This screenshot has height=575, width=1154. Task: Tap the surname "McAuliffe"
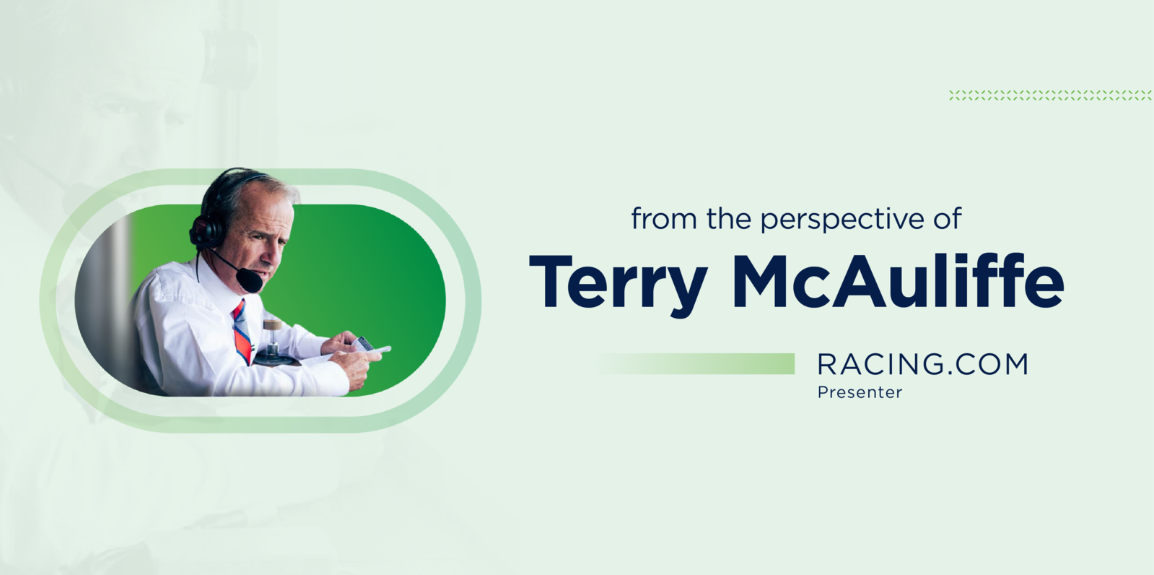click(898, 281)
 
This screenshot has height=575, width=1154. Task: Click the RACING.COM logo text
click(922, 364)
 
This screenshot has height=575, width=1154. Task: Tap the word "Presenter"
click(860, 392)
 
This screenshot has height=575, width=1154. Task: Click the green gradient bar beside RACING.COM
click(696, 363)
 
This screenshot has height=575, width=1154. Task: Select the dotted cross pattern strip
click(1050, 95)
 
